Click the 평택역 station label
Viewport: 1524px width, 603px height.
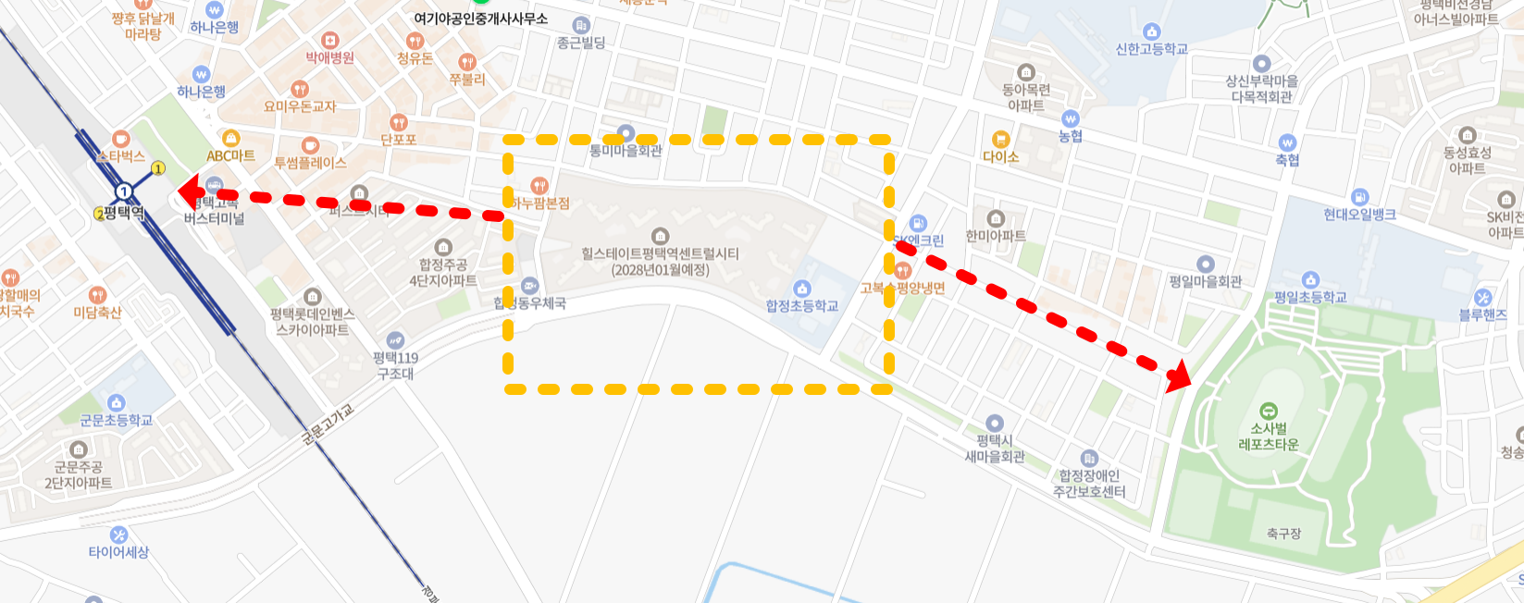pyautogui.click(x=123, y=213)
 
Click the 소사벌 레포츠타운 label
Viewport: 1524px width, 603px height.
pyautogui.click(x=1269, y=437)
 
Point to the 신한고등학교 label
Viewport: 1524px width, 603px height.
pyautogui.click(x=1151, y=49)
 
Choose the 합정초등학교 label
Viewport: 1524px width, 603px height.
pyautogui.click(x=801, y=306)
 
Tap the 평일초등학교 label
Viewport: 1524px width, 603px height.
pyautogui.click(x=1310, y=297)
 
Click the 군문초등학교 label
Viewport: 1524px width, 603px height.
pyautogui.click(x=116, y=420)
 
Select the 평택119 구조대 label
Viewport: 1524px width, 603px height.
pyautogui.click(x=395, y=365)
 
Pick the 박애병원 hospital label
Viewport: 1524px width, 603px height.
pyautogui.click(x=330, y=57)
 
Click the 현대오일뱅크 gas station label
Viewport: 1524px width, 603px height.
pyautogui.click(x=1358, y=215)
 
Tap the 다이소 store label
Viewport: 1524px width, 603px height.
pyautogui.click(x=1000, y=156)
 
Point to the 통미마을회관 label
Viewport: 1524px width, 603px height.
pyautogui.click(x=626, y=150)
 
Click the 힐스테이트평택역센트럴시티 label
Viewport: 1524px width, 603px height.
pyautogui.click(x=660, y=261)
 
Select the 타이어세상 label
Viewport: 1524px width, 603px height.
pyautogui.click(x=118, y=552)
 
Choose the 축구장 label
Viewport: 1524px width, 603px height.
pyautogui.click(x=1283, y=534)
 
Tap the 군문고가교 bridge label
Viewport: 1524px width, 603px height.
pyautogui.click(x=328, y=425)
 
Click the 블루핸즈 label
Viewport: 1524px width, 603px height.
pyautogui.click(x=1482, y=314)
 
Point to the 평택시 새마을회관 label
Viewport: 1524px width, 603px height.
pyautogui.click(x=995, y=449)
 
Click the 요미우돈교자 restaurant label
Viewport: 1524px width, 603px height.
pyautogui.click(x=300, y=106)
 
